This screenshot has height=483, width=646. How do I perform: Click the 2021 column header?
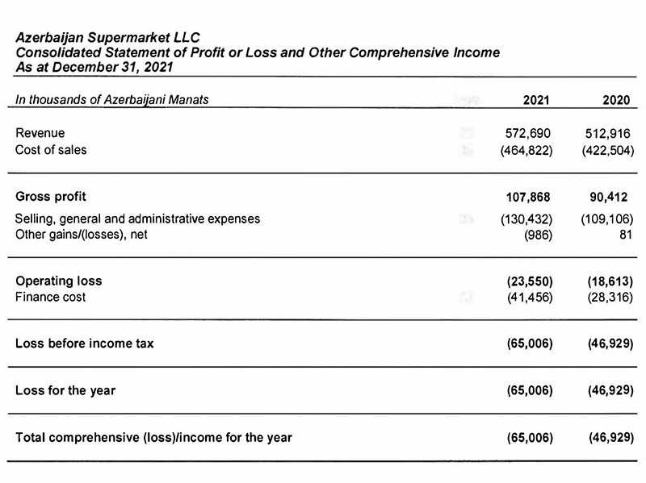(x=535, y=100)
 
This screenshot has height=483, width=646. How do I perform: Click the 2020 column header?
(x=616, y=100)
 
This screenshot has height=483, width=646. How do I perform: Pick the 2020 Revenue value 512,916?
(x=606, y=133)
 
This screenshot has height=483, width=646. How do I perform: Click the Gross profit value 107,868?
(x=526, y=197)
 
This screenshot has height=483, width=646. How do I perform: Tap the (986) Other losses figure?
(x=538, y=235)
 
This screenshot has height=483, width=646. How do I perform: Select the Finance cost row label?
(x=50, y=298)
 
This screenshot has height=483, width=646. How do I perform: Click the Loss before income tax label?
(x=85, y=344)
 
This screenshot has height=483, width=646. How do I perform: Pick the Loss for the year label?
(x=65, y=390)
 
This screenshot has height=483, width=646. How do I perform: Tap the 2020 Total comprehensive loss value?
(x=606, y=438)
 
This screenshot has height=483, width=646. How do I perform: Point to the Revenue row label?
(x=40, y=133)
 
